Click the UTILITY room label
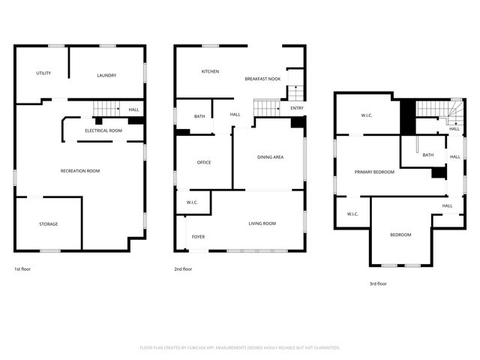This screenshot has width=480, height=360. (x=43, y=73)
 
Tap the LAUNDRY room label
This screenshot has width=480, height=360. (x=106, y=75)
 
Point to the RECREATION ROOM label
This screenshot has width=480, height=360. (x=80, y=171)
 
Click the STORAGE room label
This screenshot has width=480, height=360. (x=49, y=223)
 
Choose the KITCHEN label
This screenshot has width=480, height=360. (x=210, y=71)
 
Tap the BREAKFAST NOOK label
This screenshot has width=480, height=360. (x=262, y=79)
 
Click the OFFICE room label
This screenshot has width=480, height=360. (x=204, y=162)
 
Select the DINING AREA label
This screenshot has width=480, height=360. (x=270, y=157)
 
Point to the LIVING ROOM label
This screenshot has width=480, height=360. (x=262, y=223)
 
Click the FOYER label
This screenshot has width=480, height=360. (x=198, y=237)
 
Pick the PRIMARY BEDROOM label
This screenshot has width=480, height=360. (x=374, y=172)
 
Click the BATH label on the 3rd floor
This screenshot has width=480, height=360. (x=428, y=155)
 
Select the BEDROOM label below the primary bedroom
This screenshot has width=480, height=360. (x=400, y=235)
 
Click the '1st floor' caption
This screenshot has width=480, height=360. (x=23, y=269)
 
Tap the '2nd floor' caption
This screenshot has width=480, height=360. (x=184, y=269)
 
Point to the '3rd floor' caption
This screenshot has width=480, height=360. (x=378, y=283)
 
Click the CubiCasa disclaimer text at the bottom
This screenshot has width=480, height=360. (x=240, y=347)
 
